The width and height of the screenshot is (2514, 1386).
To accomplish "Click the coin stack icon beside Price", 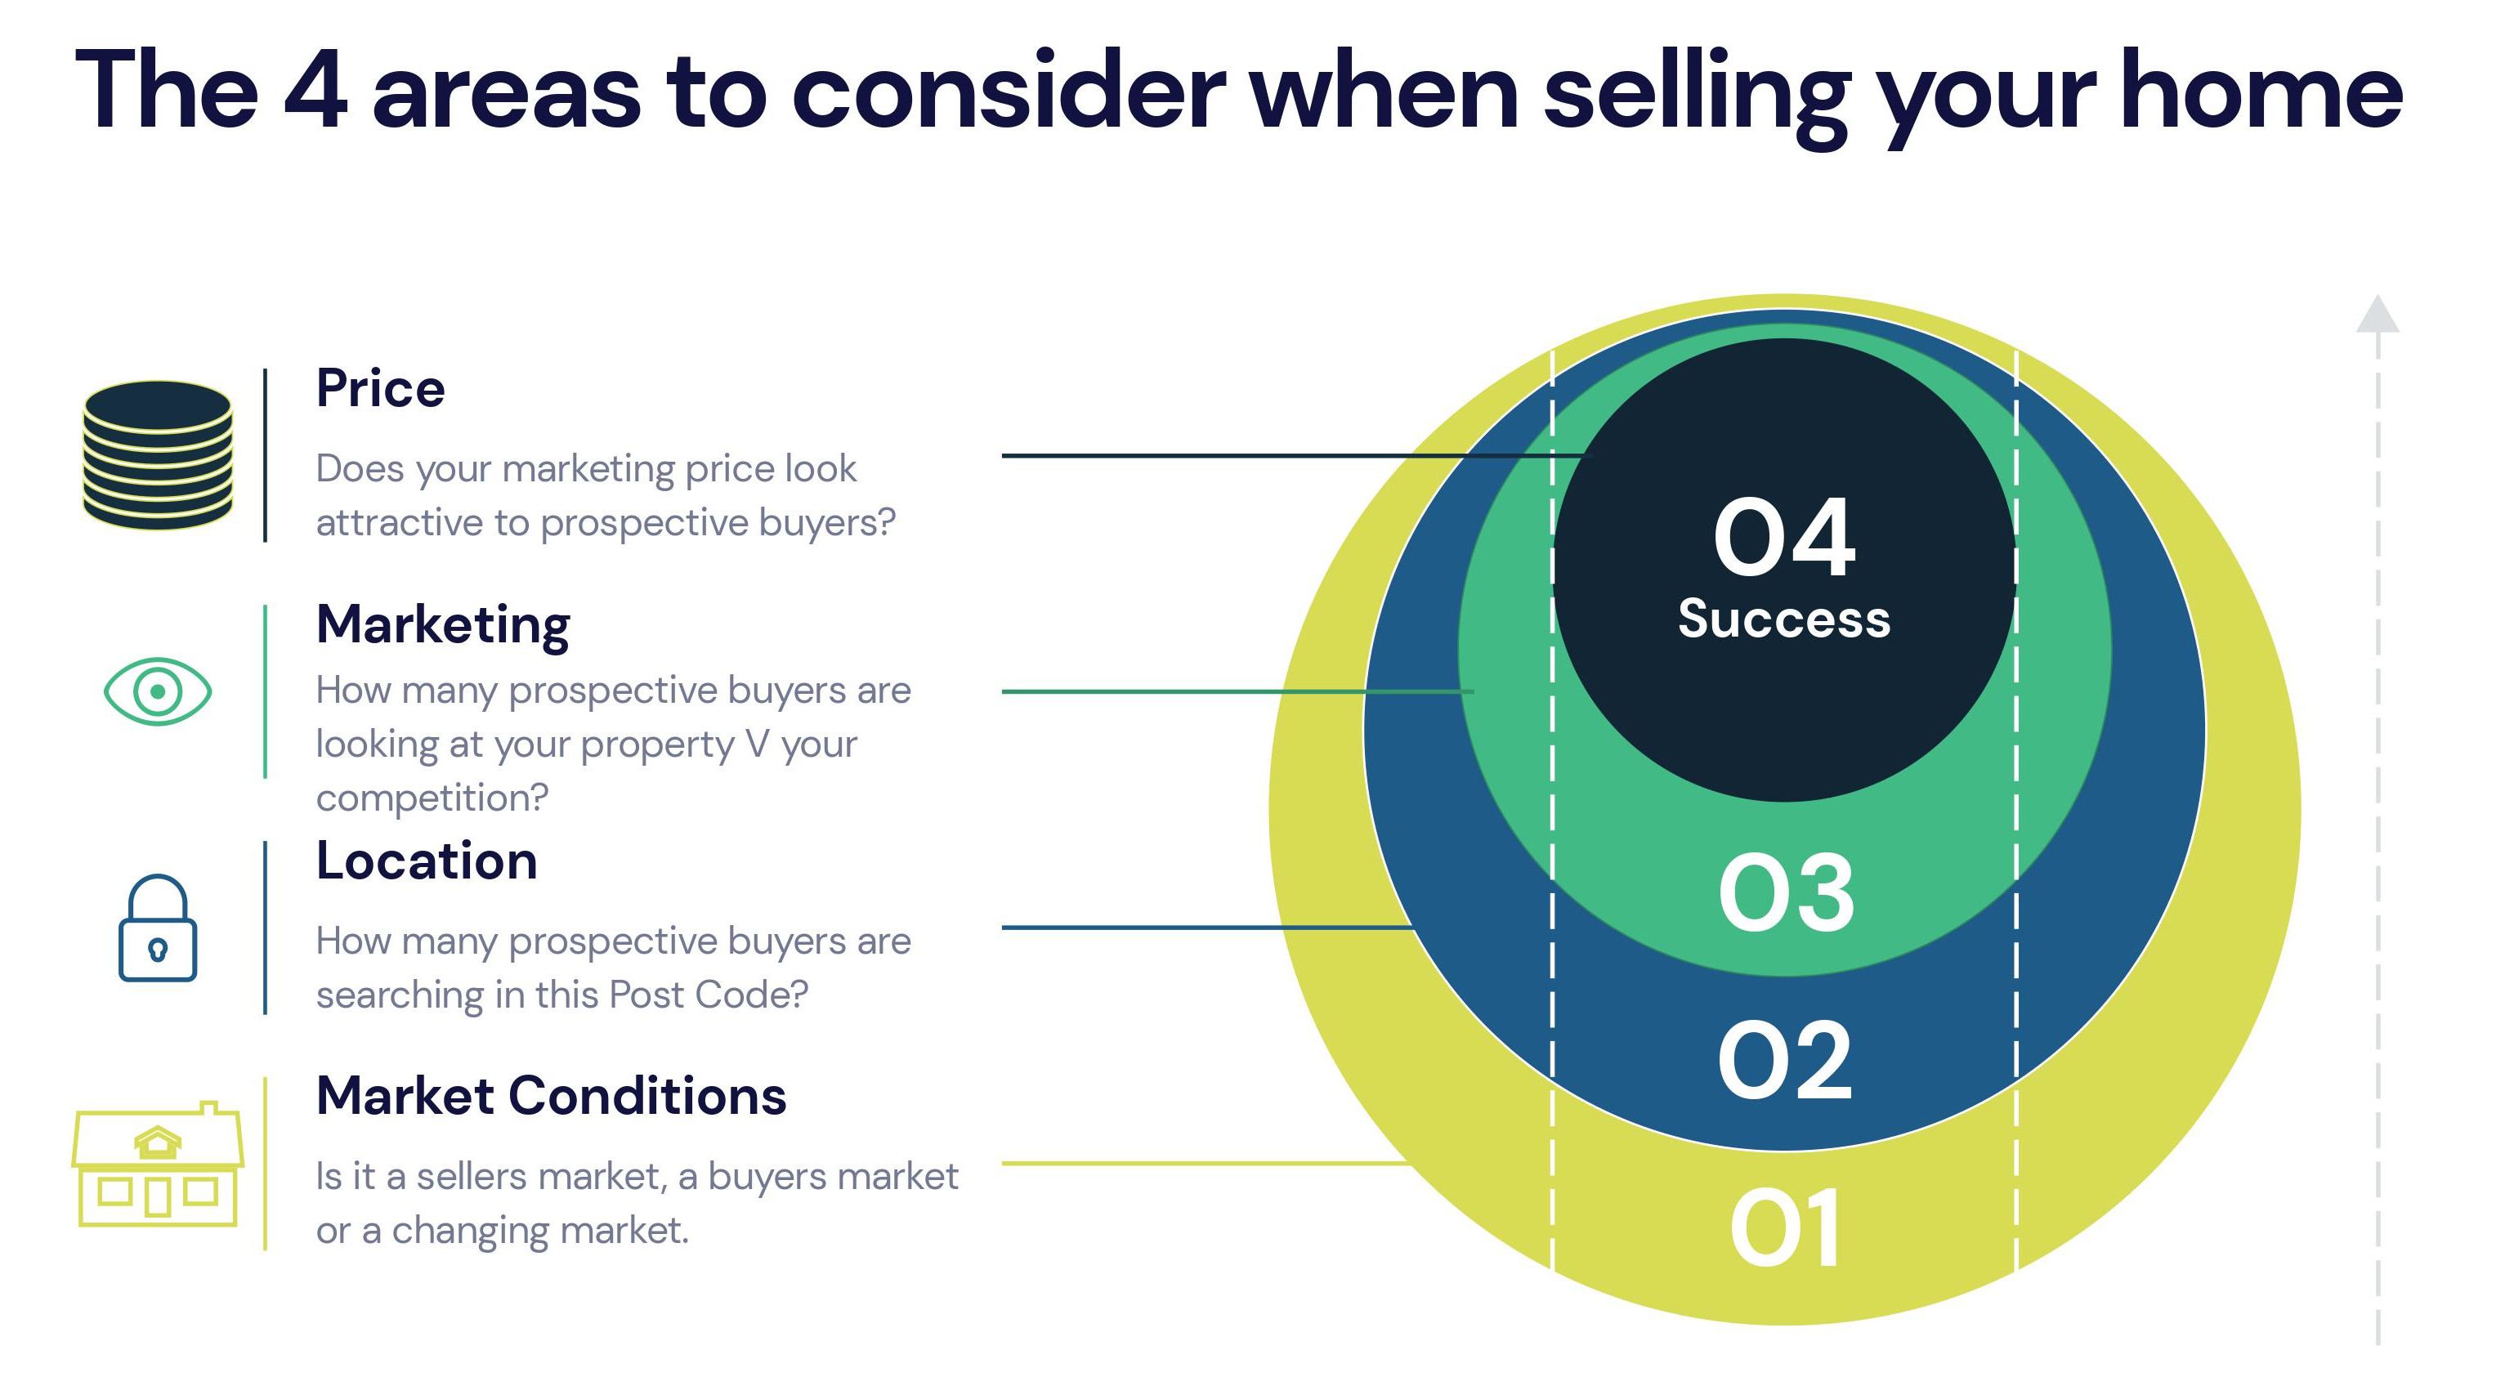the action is pyautogui.click(x=158, y=455).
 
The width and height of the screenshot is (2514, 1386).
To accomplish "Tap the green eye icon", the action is pyautogui.click(x=158, y=691).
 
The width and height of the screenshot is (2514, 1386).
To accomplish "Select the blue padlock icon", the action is pyautogui.click(x=158, y=928).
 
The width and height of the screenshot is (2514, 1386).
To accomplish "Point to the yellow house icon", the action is pyautogui.click(x=158, y=1164).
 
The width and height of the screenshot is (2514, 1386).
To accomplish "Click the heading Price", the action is pyautogui.click(x=381, y=388).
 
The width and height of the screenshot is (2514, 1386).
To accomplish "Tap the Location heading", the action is pyautogui.click(x=427, y=861).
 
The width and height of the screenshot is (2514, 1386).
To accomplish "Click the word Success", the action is pyautogui.click(x=1785, y=619).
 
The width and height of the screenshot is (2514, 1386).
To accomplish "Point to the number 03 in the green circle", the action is pyautogui.click(x=1786, y=892).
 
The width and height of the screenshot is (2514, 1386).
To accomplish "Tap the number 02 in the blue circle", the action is pyautogui.click(x=1785, y=1060).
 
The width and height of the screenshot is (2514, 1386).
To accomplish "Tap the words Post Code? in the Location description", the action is pyautogui.click(x=709, y=995).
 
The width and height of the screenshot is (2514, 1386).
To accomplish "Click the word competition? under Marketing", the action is pyautogui.click(x=432, y=799).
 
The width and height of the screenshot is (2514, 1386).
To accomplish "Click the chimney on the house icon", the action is pyautogui.click(x=208, y=1108).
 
